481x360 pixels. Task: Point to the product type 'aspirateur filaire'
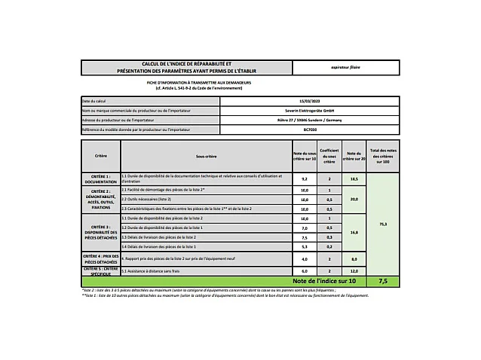point(345,67)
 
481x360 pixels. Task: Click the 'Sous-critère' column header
point(206,156)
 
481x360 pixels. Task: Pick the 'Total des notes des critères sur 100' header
point(383,156)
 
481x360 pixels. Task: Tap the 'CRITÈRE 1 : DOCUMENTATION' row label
point(101,179)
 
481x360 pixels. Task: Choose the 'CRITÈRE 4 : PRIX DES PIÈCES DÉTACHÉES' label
point(101,258)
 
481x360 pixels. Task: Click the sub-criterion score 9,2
point(305,179)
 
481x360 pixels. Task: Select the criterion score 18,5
point(354,179)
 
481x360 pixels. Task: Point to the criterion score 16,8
point(354,233)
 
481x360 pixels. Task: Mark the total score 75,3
point(383,224)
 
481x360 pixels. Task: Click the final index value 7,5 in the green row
point(383,280)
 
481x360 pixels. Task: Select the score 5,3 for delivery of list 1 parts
point(305,246)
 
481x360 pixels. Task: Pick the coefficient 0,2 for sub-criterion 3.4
point(329,246)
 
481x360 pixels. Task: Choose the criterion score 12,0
point(354,270)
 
